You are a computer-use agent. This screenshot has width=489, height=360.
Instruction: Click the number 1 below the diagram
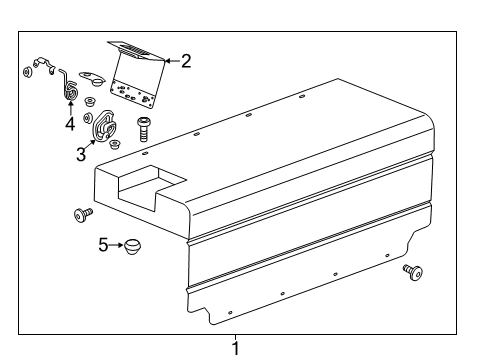pos(236,348)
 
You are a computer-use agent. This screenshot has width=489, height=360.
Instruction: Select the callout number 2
pos(186,61)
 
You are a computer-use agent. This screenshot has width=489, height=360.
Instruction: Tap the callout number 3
pos(81,154)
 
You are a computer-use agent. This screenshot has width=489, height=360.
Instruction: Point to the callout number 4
pos(70,125)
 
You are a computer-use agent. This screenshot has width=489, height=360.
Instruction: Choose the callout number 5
pos(103,244)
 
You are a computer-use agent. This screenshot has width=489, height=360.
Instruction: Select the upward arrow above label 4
pos(70,108)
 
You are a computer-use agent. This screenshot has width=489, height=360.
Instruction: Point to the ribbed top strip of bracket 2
pos(134,49)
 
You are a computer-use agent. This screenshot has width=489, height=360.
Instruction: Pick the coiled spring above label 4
pos(71,90)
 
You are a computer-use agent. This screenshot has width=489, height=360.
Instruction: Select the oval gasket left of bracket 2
pos(93,74)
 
